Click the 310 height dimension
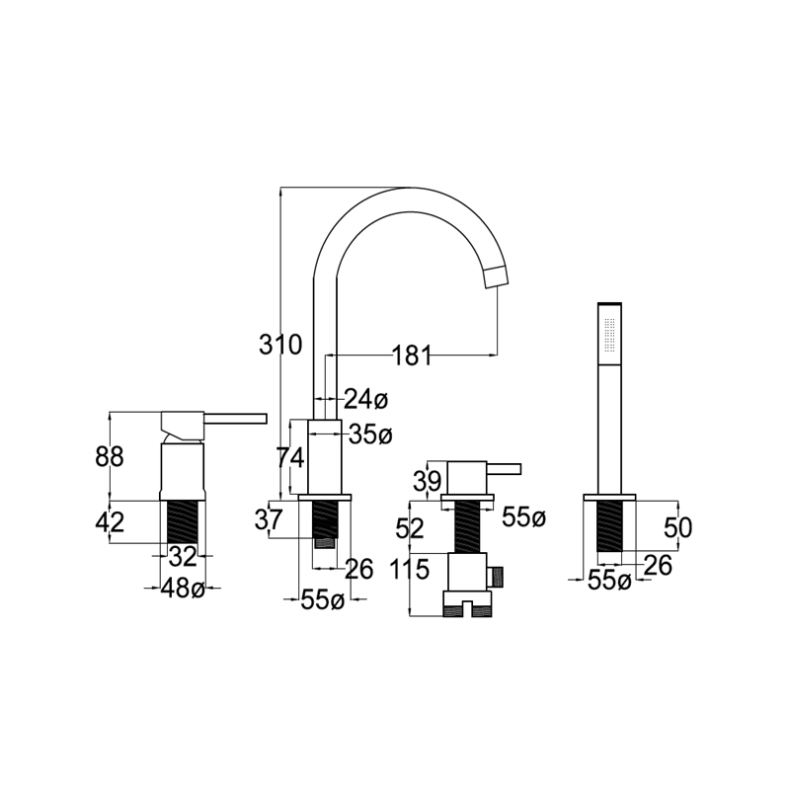click(x=280, y=345)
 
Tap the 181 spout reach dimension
click(x=412, y=355)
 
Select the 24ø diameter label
click(x=366, y=400)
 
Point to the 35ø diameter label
click(x=370, y=434)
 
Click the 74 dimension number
click(x=290, y=458)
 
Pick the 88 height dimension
click(x=110, y=457)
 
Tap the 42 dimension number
click(x=110, y=522)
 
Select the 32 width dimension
click(x=183, y=556)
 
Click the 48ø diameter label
click(x=183, y=588)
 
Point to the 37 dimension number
click(x=269, y=519)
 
